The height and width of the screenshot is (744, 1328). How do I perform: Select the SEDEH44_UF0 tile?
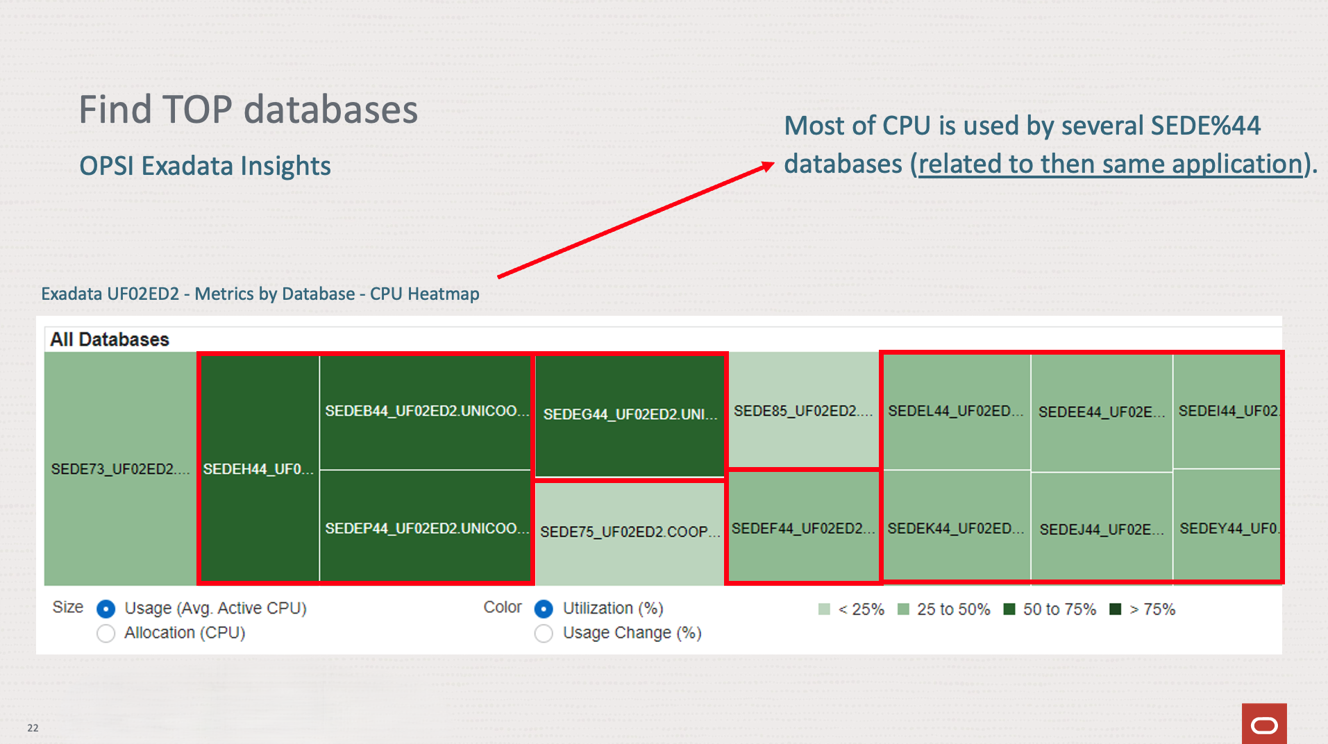point(258,468)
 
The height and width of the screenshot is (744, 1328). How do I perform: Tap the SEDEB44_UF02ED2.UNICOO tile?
point(426,412)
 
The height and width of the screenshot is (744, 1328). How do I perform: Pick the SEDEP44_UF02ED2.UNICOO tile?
point(426,527)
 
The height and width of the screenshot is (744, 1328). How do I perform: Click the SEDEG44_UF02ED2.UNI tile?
point(630,415)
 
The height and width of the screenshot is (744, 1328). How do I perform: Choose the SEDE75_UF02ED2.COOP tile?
point(629,532)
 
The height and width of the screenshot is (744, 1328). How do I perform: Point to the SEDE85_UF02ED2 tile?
point(803,411)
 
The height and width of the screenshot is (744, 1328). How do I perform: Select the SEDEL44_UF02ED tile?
point(956,411)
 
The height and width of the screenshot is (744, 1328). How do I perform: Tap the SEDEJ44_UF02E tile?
point(1102,529)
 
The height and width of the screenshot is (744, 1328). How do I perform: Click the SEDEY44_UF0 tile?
point(1227,527)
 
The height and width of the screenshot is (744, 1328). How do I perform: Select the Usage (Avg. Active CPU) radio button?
point(106,609)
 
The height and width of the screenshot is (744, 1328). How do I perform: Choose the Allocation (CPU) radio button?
point(106,633)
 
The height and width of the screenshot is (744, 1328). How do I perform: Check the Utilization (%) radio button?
point(544,609)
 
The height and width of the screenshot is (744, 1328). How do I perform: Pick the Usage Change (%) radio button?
point(544,633)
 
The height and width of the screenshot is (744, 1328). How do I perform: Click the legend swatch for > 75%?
point(1116,609)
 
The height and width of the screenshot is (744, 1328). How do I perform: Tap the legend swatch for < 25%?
point(824,609)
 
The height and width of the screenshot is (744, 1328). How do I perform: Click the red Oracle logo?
point(1264,725)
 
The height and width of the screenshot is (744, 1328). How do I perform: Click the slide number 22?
point(33,727)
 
